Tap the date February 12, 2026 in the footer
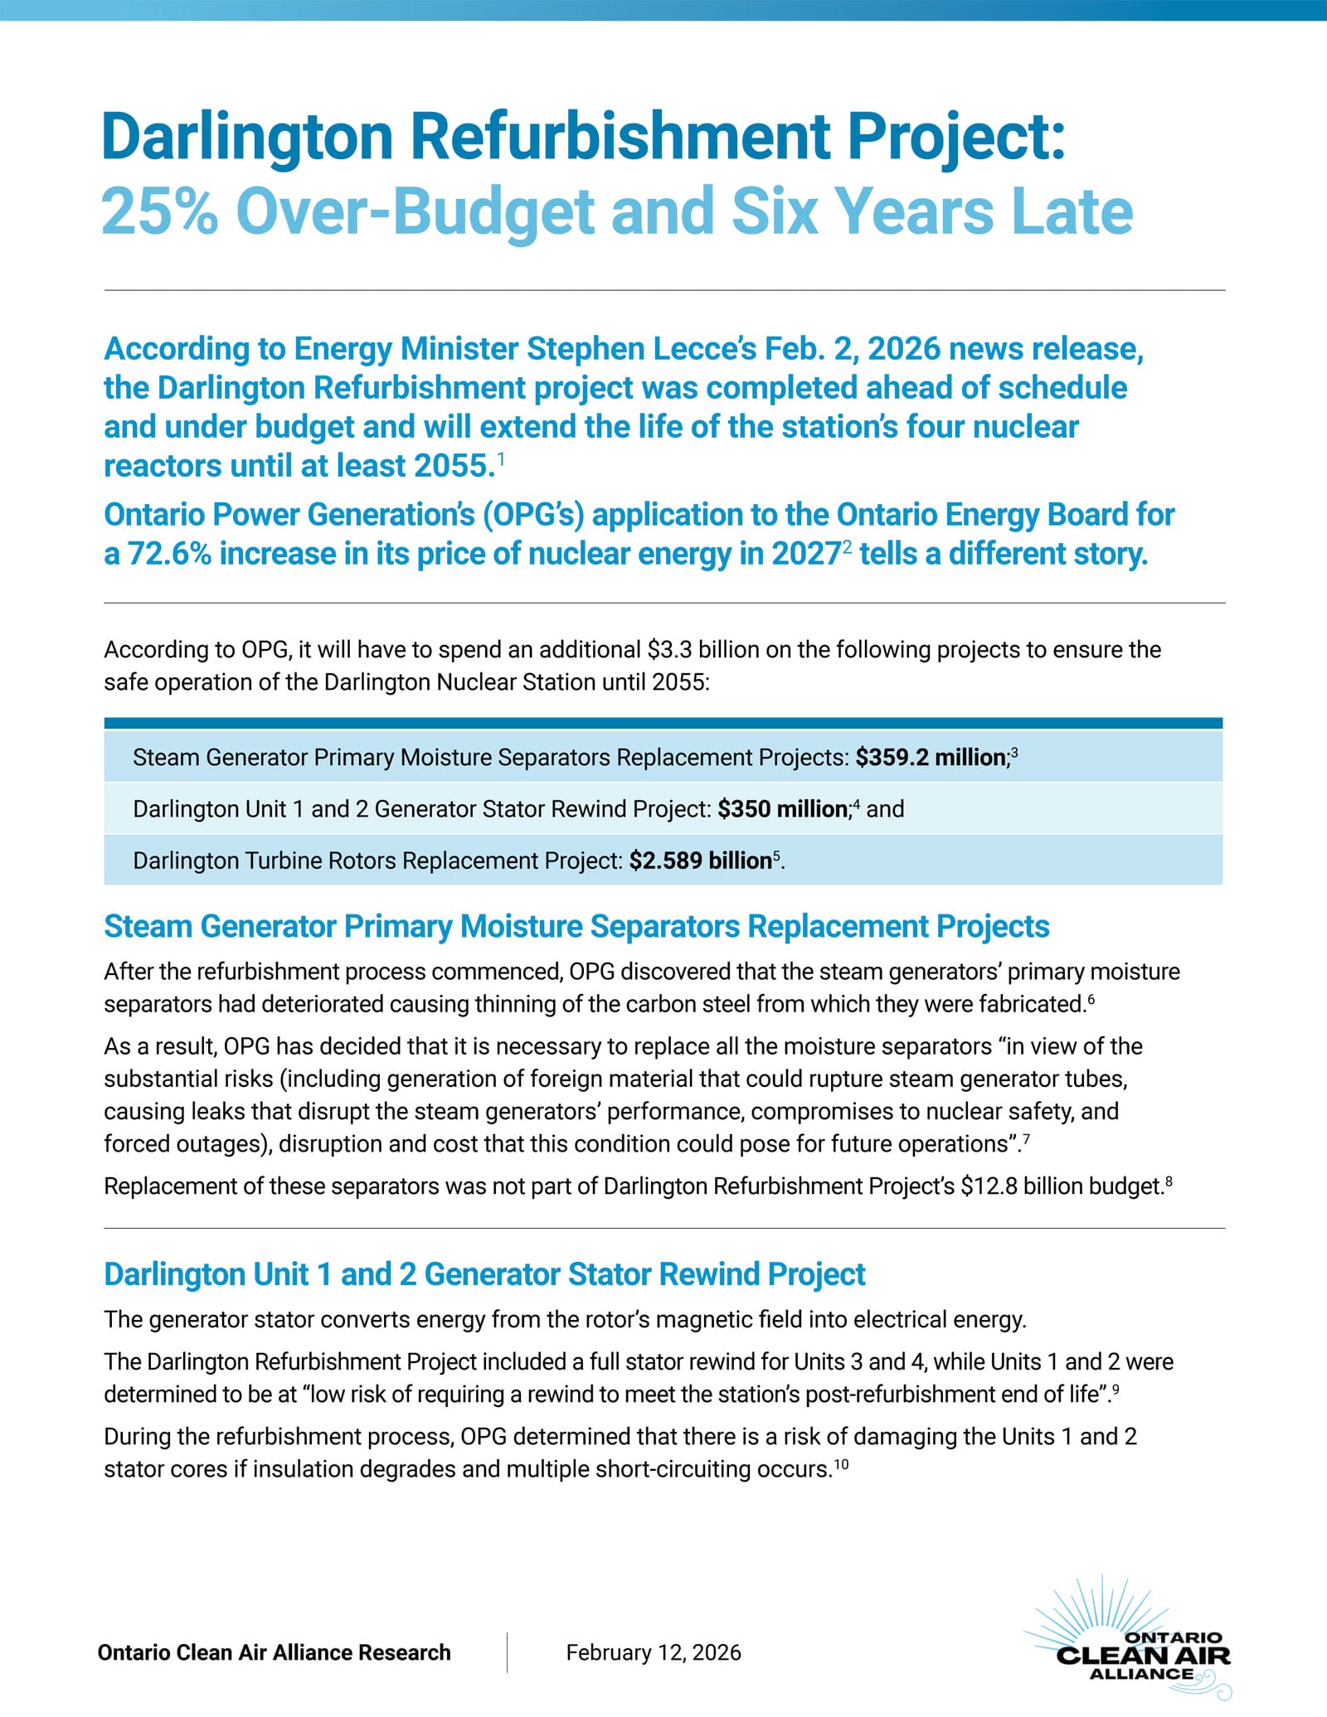pos(654,1652)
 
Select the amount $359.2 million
pos(931,758)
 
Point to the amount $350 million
pos(782,809)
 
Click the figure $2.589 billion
pos(700,861)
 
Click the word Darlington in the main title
pos(246,137)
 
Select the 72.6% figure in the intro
pos(169,554)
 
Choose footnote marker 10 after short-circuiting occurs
pos(841,1465)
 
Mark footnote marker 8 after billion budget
pos(1169,1181)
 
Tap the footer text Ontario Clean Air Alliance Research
pos(274,1652)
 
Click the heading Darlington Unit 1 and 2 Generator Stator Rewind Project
pos(484,1273)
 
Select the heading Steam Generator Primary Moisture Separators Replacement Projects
pos(576,926)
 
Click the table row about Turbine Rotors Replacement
pos(459,861)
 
